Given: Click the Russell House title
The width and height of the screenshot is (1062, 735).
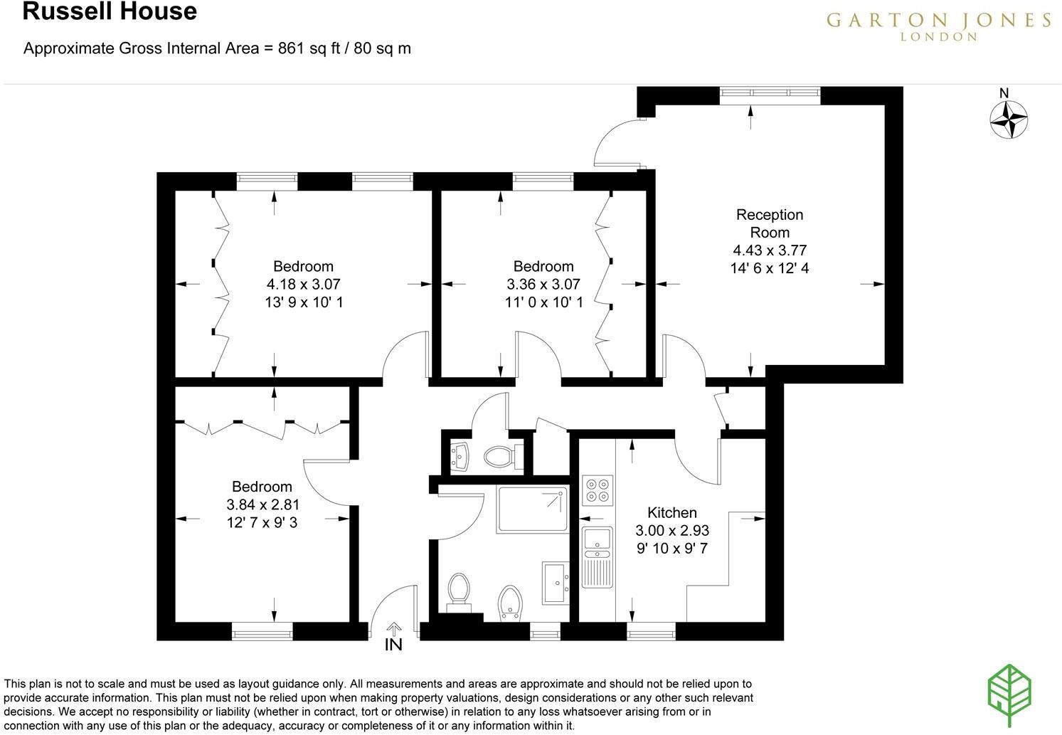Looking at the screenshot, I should [110, 12].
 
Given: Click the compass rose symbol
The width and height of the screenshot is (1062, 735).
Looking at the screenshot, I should [1009, 120].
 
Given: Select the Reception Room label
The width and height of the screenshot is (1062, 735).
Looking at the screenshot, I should [770, 223].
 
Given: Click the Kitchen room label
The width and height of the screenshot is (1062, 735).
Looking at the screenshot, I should [671, 512].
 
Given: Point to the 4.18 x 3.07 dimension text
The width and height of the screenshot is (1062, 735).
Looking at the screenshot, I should [304, 284].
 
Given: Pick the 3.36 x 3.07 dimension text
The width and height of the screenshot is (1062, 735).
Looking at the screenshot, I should [543, 284].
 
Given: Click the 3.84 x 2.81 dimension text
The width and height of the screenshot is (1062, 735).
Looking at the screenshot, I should [262, 504].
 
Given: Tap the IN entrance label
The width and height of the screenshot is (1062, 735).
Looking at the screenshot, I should [393, 645].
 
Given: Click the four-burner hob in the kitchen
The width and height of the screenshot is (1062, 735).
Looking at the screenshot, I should [598, 490].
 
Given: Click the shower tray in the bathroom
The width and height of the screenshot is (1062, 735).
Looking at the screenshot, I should [533, 509].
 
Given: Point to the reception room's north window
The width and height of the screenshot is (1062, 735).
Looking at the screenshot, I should [770, 95].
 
